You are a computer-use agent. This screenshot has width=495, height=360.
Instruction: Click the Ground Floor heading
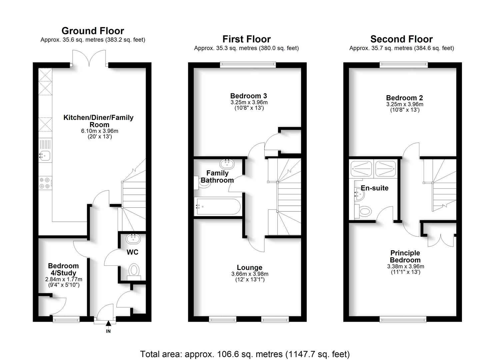[93, 31]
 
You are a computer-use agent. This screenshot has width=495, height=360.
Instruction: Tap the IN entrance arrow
[108, 323]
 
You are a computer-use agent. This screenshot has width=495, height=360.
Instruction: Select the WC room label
[132, 252]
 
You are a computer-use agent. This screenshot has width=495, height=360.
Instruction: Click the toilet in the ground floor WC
[134, 270]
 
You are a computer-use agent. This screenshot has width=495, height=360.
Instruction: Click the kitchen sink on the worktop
[44, 155]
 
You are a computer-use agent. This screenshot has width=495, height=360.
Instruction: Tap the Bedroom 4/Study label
[63, 269]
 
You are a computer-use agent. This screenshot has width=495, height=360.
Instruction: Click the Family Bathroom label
[217, 177]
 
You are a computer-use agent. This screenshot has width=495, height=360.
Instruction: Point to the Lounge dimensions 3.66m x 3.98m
[250, 274]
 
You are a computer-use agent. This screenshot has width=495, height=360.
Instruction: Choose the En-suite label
[375, 188]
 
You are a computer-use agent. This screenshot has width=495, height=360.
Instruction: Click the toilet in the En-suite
[365, 211]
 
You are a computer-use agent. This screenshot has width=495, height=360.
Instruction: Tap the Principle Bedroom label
[405, 256]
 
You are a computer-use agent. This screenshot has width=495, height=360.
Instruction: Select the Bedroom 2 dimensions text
[405, 104]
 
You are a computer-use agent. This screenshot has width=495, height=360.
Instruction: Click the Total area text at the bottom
[245, 354]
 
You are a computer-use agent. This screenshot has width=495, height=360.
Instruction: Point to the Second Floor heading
[401, 39]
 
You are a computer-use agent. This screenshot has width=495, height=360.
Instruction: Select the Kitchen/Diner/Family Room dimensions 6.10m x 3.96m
[100, 131]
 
